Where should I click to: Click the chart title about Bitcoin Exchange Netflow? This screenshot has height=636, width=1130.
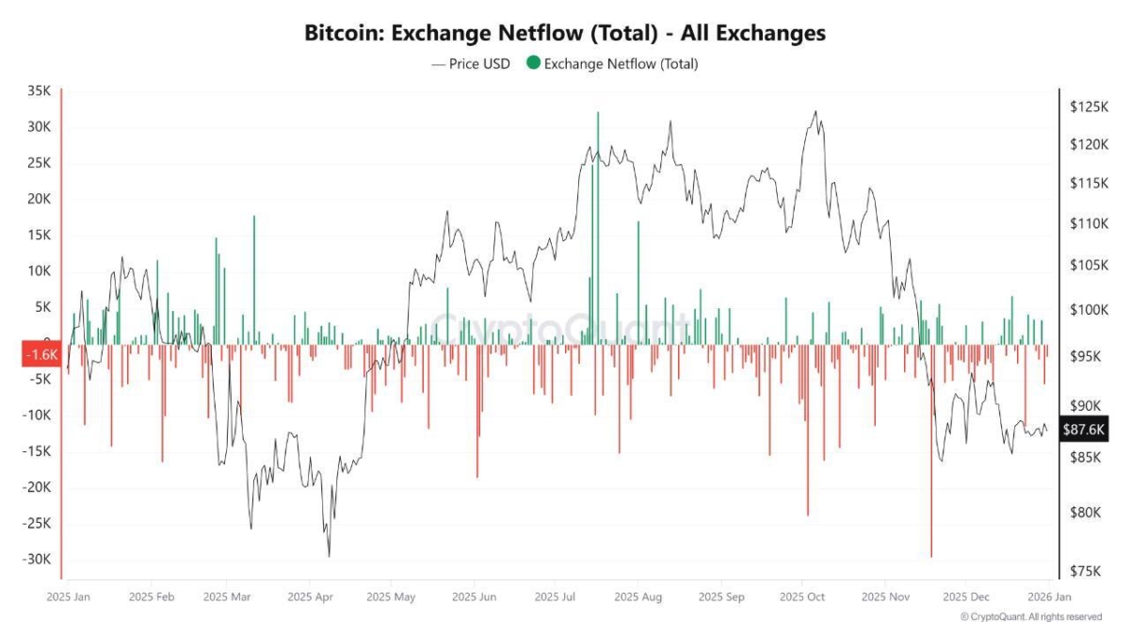(565, 33)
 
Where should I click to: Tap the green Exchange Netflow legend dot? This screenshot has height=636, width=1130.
(533, 64)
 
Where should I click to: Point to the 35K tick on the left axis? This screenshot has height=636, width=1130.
(40, 91)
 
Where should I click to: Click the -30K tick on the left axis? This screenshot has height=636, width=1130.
(37, 559)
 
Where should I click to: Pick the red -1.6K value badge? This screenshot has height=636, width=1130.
(40, 355)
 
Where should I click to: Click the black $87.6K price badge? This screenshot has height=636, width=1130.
(1082, 429)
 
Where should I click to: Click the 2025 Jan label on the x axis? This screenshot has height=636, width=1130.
(68, 596)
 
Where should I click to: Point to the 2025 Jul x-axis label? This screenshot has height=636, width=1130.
(555, 596)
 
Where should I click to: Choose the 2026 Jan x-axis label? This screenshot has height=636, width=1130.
(1047, 596)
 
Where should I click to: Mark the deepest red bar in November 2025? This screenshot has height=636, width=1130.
(930, 452)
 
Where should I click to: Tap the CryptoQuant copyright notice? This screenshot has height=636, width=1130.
(1030, 617)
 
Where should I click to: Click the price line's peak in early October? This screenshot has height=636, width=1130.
(815, 112)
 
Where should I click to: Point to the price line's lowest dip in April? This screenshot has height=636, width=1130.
(329, 556)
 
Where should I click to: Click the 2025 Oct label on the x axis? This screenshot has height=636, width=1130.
(803, 596)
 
